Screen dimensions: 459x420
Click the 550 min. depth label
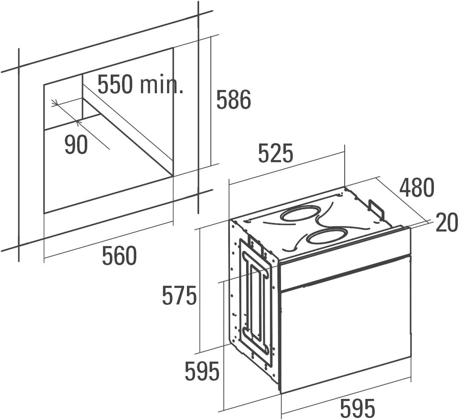pos(140,84)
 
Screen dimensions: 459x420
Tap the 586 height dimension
pos(234,100)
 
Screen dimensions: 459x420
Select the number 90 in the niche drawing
pos(76,145)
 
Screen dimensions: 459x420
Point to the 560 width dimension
pos(119,255)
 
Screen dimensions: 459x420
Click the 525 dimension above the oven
pos(276,153)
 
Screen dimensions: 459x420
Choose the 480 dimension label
pos(417,187)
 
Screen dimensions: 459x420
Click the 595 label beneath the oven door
pos(358,408)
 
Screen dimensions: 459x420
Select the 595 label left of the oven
pos(202,371)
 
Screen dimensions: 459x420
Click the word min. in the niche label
pos(161,84)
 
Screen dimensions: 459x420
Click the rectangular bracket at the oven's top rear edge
pos(376,210)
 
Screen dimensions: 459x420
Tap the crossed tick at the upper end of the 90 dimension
pos(55,103)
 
